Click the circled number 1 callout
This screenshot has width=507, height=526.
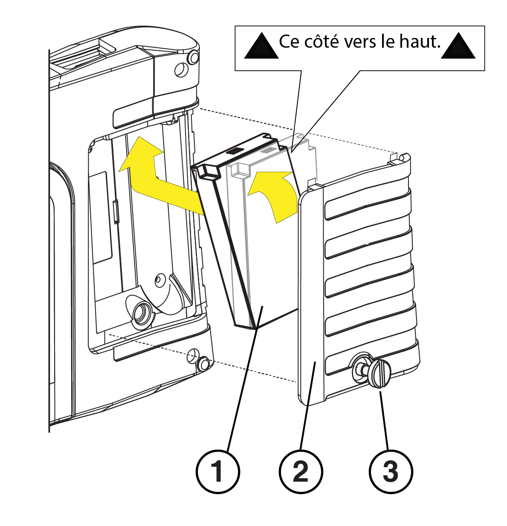click(217, 472)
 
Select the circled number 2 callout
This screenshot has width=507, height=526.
click(301, 472)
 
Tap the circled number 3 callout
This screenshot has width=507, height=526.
click(391, 472)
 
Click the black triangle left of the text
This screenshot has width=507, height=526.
click(261, 46)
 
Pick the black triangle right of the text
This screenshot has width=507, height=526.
click(458, 46)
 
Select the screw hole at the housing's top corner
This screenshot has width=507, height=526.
click(181, 70)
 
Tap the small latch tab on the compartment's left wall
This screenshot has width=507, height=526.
click(116, 212)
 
